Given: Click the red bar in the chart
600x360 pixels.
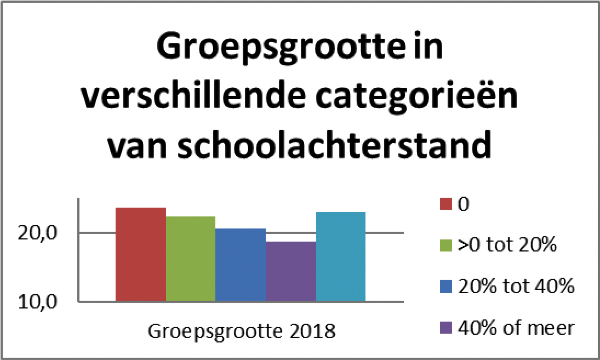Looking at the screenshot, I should point(141,255).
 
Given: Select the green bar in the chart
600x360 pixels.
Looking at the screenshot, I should point(191,259).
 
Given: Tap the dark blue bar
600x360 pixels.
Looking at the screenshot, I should point(241,265).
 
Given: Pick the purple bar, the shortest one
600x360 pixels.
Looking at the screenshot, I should point(291,272).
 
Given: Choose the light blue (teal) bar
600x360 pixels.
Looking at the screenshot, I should point(341,257).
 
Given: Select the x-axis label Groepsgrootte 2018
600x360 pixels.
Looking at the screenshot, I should point(241,332).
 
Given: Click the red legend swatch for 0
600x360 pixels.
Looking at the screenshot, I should point(445,204).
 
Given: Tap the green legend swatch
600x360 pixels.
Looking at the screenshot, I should point(445,245).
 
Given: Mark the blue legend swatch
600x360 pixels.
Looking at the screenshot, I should point(445,287).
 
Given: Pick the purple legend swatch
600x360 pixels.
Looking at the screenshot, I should point(445,328).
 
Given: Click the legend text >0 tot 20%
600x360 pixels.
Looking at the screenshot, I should point(507,245).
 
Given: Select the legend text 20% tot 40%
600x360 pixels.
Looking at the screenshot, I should point(515,286).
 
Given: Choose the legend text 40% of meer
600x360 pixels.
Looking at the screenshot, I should point(515,328).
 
